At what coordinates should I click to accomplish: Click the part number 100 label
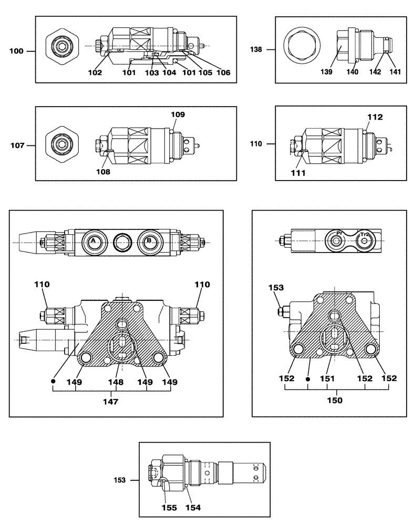pyautogui.click(x=17, y=51)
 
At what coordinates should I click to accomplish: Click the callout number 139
pyautogui.click(x=328, y=72)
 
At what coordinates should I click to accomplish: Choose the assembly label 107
pyautogui.click(x=17, y=145)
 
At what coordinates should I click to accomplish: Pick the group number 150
pyautogui.click(x=335, y=401)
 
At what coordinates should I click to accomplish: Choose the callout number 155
pyautogui.click(x=169, y=508)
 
